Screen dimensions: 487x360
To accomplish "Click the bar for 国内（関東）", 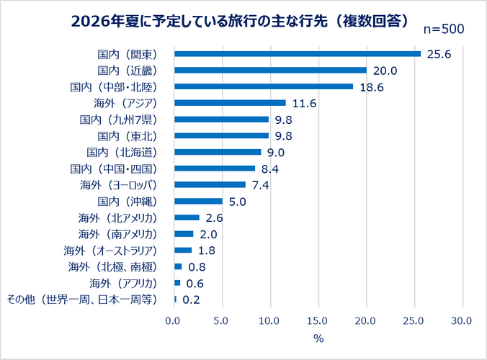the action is point(298,54).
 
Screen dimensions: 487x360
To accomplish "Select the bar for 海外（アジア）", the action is point(230,103).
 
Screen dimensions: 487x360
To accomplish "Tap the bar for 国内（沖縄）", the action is point(198,201).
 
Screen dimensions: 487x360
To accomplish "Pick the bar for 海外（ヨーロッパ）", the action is point(210,184).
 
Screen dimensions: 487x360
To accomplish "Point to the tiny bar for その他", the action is point(176,300).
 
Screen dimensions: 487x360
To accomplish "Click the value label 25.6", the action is point(439,54).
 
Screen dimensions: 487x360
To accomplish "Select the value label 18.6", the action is point(372,87).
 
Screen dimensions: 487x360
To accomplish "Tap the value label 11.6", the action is point(304,104).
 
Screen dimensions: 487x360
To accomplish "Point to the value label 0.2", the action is point(192,300).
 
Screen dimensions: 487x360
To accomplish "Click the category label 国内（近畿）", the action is point(128,71).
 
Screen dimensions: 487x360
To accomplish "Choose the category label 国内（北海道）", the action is point(122,153).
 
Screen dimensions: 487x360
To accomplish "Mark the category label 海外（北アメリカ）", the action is point(117,218).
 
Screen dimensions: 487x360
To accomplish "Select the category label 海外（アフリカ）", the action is point(123,284).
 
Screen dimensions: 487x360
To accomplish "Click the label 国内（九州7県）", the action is point(118,120).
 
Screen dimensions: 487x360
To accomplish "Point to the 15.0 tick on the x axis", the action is point(317,320).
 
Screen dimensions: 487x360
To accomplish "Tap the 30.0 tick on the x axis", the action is point(461,320).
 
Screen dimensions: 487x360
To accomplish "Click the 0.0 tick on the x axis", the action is point(172,320).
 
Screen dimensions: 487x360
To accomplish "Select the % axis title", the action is point(318,338).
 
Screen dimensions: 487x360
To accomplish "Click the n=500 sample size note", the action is point(444,29).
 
